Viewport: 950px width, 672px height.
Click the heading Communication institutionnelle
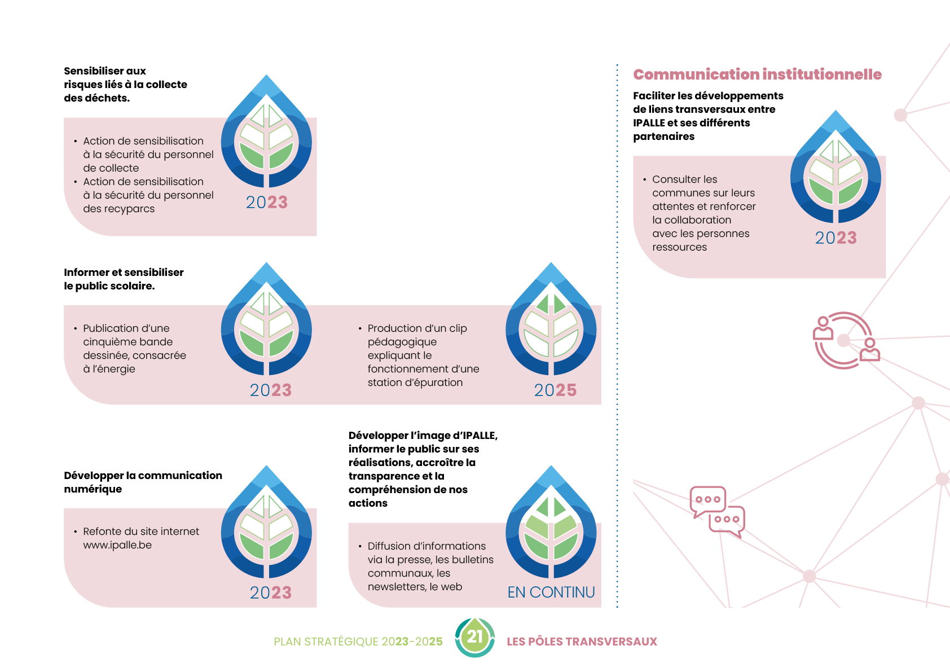(x=757, y=74)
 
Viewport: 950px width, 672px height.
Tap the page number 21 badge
(x=474, y=638)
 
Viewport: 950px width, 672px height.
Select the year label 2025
(x=555, y=390)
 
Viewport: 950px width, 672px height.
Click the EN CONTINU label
(x=551, y=592)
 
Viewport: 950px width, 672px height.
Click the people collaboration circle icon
(x=845, y=341)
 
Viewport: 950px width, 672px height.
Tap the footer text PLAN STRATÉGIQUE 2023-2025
(x=358, y=642)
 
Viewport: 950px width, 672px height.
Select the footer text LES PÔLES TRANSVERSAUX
(x=582, y=642)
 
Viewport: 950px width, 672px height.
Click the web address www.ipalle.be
(x=117, y=545)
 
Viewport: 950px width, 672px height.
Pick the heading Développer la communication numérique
(x=143, y=482)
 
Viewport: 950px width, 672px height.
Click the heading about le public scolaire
(x=124, y=279)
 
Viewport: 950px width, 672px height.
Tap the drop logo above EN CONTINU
(x=551, y=522)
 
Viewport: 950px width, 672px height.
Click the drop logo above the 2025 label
(x=551, y=319)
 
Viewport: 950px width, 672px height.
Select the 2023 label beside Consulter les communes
(x=835, y=238)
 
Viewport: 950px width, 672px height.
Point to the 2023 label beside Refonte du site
(x=271, y=592)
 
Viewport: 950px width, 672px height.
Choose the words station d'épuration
(x=415, y=383)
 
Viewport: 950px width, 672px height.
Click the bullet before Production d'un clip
(x=360, y=328)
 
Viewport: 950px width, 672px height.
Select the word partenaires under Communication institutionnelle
(x=663, y=137)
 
